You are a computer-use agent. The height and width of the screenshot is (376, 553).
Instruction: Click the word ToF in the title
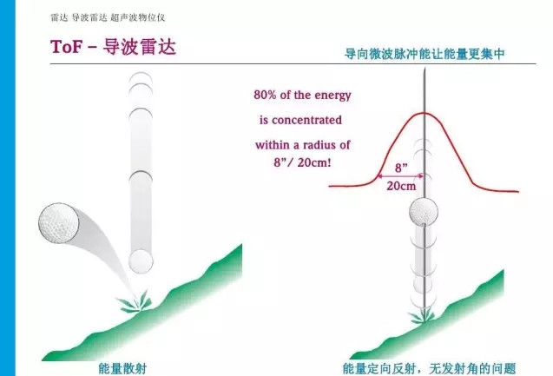(66, 46)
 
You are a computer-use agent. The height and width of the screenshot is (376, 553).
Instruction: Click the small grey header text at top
(108, 17)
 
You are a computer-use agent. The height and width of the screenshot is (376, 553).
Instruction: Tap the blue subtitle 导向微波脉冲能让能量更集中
(425, 54)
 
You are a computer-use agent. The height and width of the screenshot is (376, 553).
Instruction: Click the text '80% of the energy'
(303, 95)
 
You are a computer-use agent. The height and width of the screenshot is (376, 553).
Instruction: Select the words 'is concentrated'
(301, 120)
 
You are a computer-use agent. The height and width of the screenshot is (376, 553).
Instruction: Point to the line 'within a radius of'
(303, 145)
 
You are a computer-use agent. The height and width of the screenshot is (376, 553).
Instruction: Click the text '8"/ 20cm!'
(302, 162)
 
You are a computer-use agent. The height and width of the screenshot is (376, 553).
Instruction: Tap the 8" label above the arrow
(401, 168)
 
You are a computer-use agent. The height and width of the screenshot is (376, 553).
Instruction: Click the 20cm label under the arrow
(401, 186)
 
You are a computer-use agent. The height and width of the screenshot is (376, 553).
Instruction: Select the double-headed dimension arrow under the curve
(400, 175)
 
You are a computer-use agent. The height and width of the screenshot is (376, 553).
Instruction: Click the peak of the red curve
(424, 113)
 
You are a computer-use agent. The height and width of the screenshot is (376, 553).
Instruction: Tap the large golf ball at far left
(58, 222)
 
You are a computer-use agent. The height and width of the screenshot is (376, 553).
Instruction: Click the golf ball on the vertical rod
(424, 212)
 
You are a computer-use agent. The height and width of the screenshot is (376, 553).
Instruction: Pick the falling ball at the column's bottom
(141, 261)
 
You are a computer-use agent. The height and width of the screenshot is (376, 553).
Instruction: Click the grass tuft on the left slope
(135, 302)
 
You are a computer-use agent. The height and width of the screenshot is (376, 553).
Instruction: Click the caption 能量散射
(122, 369)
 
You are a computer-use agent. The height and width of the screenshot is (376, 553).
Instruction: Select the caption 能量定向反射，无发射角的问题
(429, 369)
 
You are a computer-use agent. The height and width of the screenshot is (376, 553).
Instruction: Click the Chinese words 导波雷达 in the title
(139, 46)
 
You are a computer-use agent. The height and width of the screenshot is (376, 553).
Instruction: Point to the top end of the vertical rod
(425, 68)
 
